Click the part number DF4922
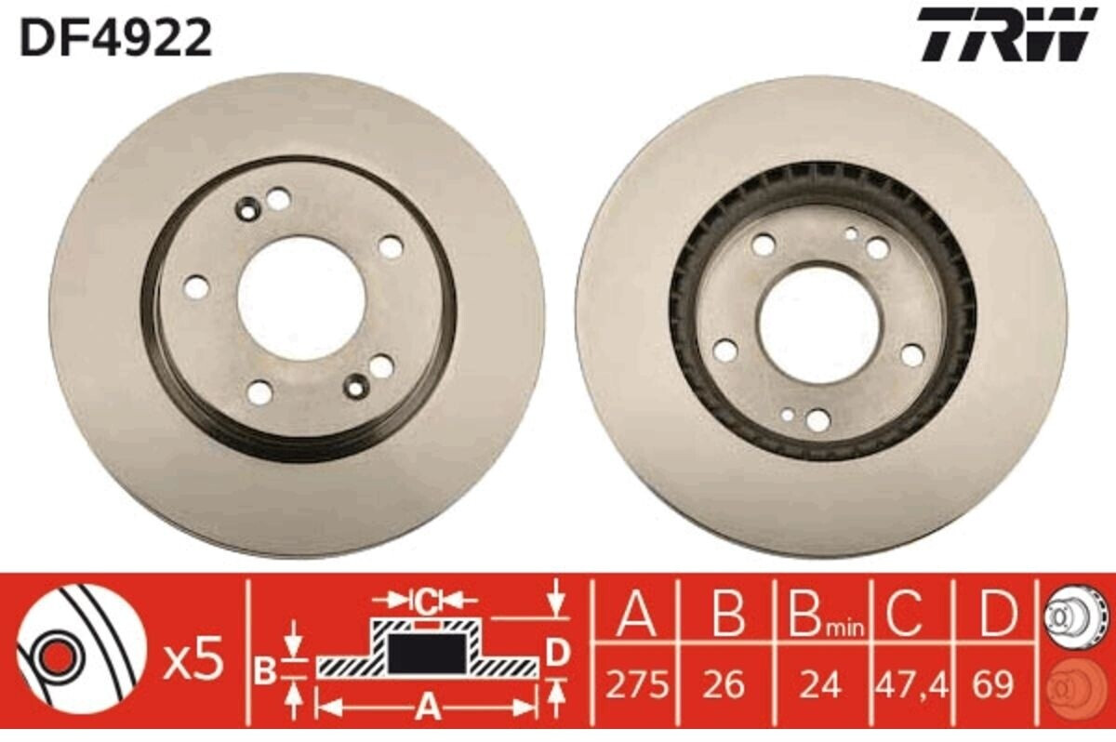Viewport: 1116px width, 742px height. coord(116,38)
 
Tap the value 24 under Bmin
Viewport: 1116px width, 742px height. coord(820,684)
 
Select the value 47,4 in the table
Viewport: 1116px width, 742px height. coord(911,684)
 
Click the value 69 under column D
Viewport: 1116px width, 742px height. coord(993,684)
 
